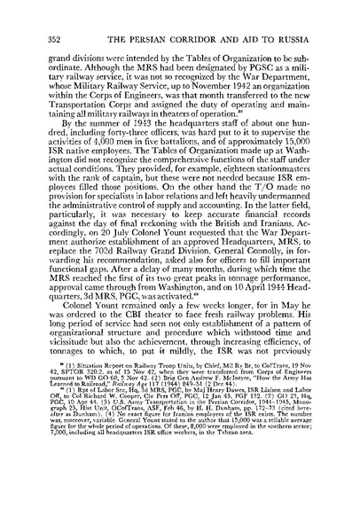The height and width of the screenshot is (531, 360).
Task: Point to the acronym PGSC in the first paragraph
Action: (229, 57)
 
